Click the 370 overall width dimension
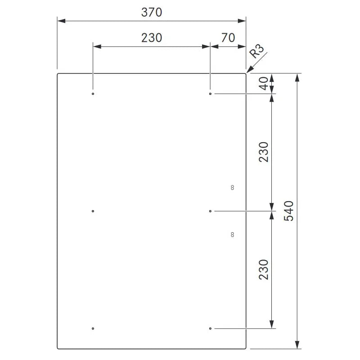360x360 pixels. coord(152,13)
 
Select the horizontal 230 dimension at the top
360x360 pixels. coord(152,38)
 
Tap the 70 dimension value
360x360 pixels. coord(228,38)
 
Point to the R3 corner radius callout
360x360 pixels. coord(257,52)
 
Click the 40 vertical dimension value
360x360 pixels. coord(264,83)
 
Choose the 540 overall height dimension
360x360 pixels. coord(289,211)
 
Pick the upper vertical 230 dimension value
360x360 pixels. coord(264,152)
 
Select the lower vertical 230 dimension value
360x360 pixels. coord(264,270)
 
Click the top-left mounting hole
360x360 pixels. coord(93,94)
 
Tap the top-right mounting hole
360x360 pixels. coord(210,94)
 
